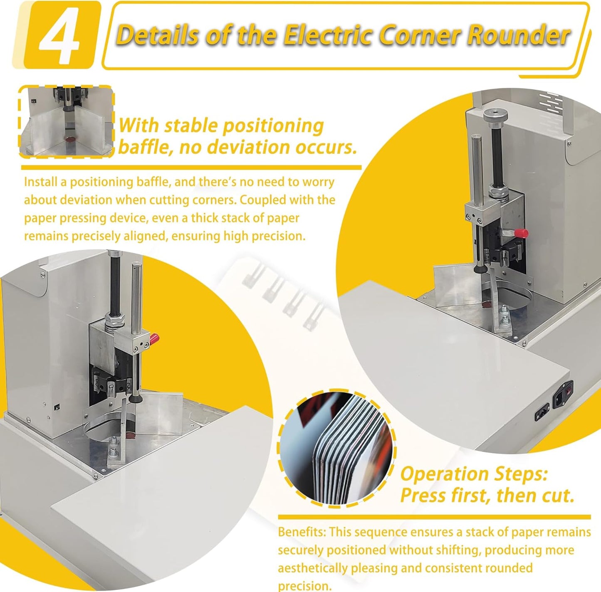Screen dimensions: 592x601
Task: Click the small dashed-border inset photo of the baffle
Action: pos(67,121)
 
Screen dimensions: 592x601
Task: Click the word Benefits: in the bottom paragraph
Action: pos(302,532)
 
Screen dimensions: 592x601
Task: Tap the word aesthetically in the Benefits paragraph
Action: pos(313,568)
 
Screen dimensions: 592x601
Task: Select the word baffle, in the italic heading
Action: pos(143,147)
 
